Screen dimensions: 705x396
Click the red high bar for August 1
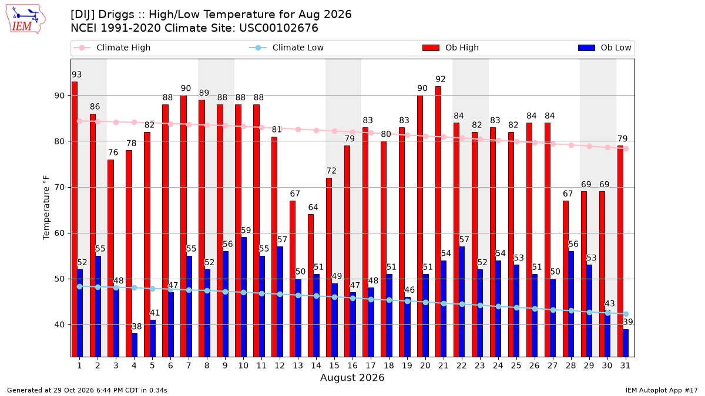pos(75,219)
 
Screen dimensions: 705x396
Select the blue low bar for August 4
pos(135,345)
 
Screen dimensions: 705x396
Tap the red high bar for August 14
pos(311,285)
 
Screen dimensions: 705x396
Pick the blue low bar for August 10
pos(244,297)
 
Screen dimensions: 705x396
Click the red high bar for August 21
pos(438,222)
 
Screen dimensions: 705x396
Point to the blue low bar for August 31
pos(626,343)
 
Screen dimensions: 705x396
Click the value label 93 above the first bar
pos(77,75)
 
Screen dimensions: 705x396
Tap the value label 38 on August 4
pos(136,327)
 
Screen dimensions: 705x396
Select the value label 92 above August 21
pos(440,79)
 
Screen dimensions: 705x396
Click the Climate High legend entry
pos(112,48)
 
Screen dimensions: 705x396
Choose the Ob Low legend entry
pos(605,48)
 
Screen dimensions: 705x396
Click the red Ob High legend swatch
pos(431,48)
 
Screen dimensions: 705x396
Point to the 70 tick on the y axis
pos(59,188)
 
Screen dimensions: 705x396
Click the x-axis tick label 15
pos(334,365)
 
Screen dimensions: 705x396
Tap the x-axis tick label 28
pos(570,365)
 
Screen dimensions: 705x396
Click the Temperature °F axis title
pos(46,208)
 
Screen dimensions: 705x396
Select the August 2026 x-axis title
pos(352,377)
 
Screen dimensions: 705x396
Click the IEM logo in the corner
pos(25,19)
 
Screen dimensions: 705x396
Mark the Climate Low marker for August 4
pos(135,287)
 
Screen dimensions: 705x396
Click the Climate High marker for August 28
pos(571,145)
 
